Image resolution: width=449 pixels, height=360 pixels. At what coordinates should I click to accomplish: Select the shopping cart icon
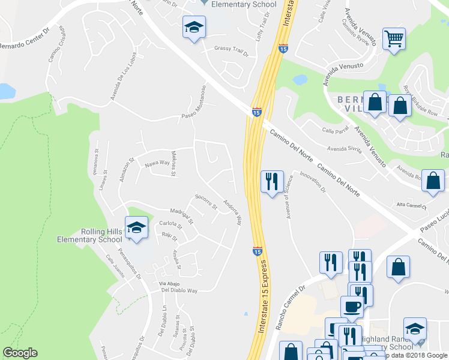(x=394, y=40)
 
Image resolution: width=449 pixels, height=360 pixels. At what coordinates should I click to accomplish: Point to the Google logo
(x=20, y=353)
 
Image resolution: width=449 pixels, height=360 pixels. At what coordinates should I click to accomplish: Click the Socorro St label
(x=206, y=202)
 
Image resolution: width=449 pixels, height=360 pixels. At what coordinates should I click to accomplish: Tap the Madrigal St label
(x=182, y=215)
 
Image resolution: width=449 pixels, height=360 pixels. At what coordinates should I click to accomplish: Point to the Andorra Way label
(x=232, y=212)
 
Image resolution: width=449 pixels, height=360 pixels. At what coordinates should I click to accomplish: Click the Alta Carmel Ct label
(x=409, y=206)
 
